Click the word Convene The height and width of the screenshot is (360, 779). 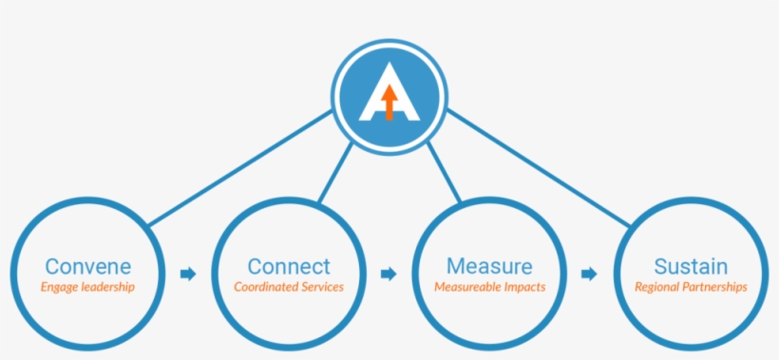tap(87, 266)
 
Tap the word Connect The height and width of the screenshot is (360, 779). tap(289, 266)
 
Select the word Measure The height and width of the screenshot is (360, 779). tap(489, 266)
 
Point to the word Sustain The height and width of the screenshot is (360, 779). tap(691, 266)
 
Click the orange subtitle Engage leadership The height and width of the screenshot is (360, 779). tap(87, 287)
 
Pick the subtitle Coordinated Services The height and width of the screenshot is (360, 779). tap(289, 287)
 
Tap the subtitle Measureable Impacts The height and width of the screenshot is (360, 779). tap(489, 287)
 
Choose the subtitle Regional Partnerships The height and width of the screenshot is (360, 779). tap(691, 287)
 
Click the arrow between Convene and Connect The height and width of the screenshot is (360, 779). tap(188, 275)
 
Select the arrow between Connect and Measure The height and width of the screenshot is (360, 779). tap(389, 275)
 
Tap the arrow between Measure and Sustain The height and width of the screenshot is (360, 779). tap(590, 275)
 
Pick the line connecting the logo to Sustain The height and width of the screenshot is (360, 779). tap(537, 167)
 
